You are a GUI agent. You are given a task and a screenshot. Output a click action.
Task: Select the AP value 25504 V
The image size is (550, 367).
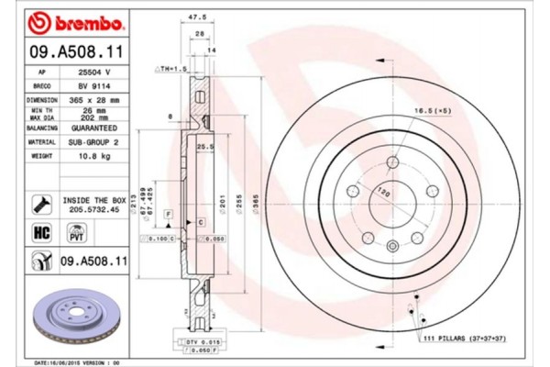click(95, 72)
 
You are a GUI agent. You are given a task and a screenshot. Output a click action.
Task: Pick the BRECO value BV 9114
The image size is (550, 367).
click(95, 85)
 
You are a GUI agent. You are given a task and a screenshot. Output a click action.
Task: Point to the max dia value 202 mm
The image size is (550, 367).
click(95, 117)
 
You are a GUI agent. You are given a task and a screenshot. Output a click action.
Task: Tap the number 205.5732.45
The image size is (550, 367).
click(93, 207)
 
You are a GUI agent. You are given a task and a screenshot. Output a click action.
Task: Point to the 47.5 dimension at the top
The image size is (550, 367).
click(192, 16)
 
